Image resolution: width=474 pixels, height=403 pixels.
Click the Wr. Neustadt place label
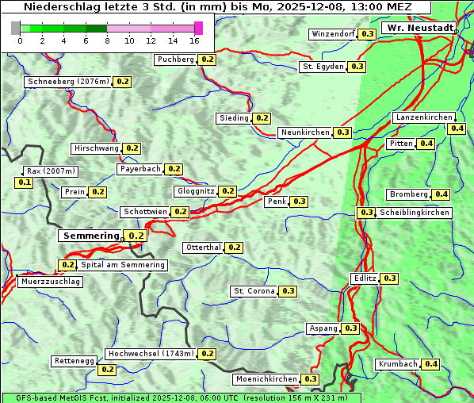pos(419,28)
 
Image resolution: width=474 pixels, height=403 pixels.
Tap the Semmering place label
pos(90,236)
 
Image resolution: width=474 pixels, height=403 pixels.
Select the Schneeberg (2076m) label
pos(67,82)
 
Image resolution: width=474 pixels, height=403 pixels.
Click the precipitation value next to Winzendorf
pos(367,34)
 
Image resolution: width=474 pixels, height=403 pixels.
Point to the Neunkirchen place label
pos(305,132)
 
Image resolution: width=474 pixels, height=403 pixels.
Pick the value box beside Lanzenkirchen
pos(457,129)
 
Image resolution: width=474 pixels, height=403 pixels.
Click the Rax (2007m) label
pos(51,171)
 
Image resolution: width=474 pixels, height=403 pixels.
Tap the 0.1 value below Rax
pos(25,182)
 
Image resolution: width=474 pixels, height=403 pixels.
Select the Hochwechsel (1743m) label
pos(150,354)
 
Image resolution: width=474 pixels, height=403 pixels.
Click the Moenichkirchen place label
pos(267,379)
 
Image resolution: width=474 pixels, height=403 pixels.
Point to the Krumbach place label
pos(398,364)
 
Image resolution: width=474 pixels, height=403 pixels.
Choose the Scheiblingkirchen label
pos(414,213)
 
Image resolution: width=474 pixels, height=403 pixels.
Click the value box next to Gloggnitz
pos(227,191)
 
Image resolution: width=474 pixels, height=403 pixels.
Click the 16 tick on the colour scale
pos(194,40)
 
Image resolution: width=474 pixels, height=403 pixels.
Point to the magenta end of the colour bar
pos(198,28)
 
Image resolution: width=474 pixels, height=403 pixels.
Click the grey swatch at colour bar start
pos(16,28)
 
